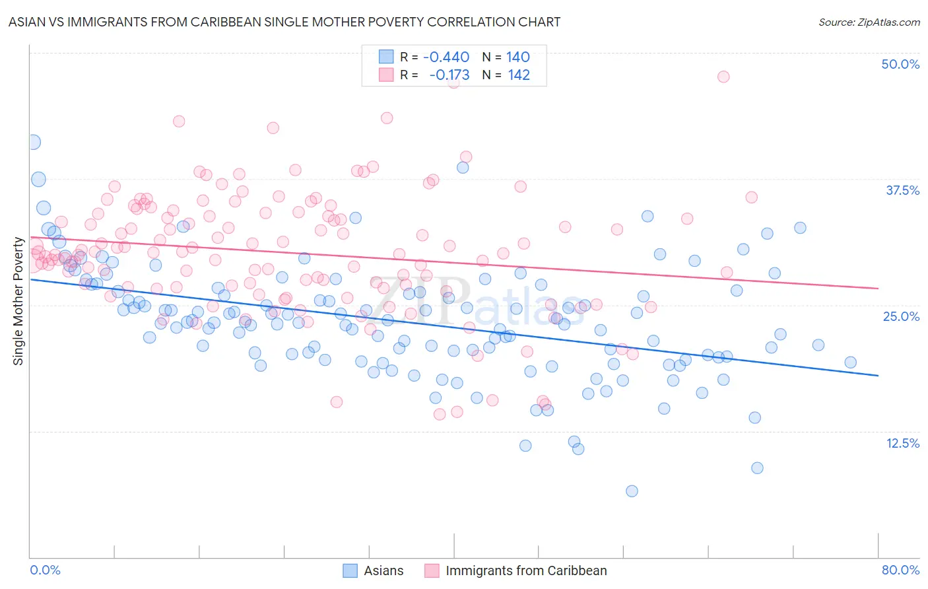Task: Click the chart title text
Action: coord(284,22)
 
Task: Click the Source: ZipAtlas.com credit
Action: coord(869,22)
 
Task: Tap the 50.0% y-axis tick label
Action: coord(900,64)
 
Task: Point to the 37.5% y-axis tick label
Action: coord(902,190)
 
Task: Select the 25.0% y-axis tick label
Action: coord(901,316)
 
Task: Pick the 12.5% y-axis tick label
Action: coord(902,443)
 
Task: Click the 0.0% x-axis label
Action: coord(45,570)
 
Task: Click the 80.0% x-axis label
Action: coord(900,570)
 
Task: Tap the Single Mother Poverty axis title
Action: coord(18,301)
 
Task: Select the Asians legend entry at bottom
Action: coord(373,571)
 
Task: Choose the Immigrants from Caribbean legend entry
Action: coord(515,571)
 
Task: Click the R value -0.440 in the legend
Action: coord(446,57)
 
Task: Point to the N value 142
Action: coord(519,75)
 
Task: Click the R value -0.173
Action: coord(449,75)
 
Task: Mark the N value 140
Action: coord(518,57)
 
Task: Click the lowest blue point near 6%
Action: coord(632,491)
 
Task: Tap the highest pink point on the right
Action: coord(723,77)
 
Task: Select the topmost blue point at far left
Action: coord(33,142)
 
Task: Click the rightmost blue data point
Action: coord(851,362)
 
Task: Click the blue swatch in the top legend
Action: coord(386,57)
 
